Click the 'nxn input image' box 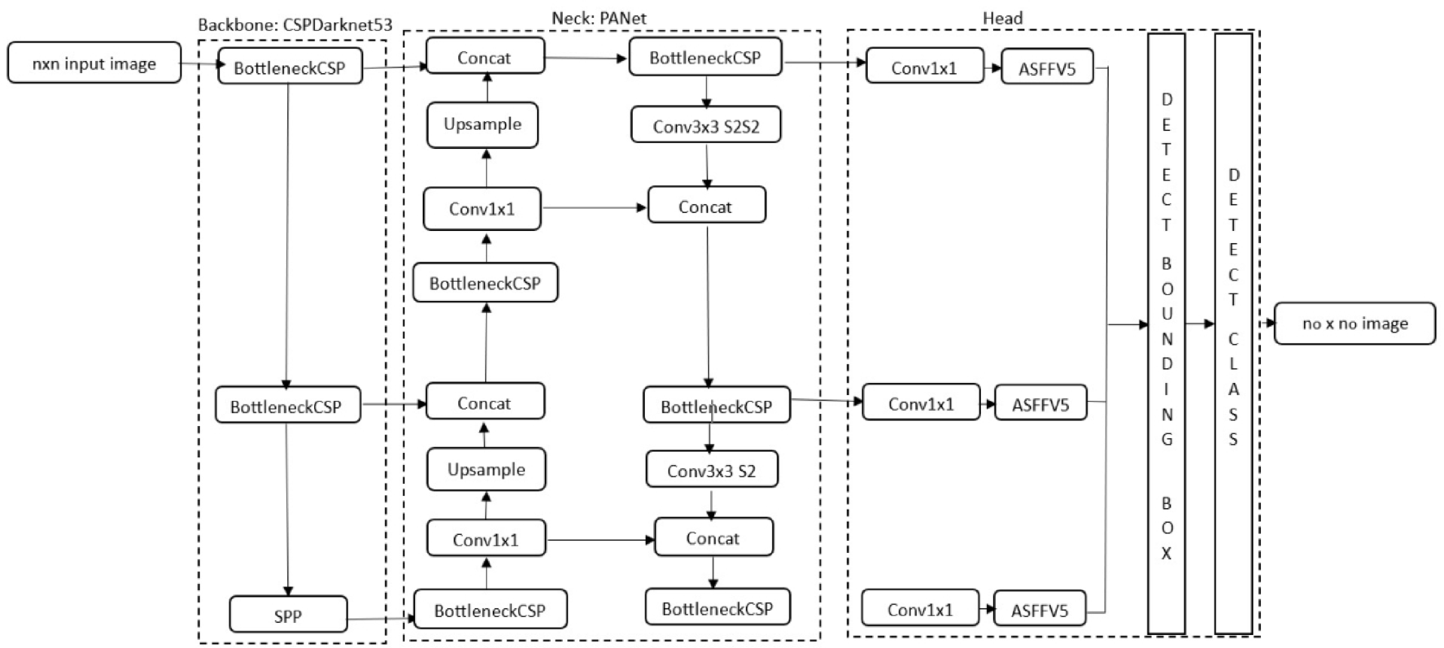[x=94, y=63]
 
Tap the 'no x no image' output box [x=1354, y=324]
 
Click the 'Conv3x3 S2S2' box [x=705, y=126]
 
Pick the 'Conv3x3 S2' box [x=711, y=470]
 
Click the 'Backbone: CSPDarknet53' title [x=294, y=24]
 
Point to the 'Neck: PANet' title [x=599, y=17]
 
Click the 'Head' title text [x=1002, y=18]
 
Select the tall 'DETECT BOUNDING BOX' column [x=1166, y=333]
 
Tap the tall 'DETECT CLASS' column [x=1232, y=333]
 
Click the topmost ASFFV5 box [x=1046, y=68]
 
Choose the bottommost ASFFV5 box [x=1039, y=610]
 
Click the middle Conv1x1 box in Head [x=921, y=403]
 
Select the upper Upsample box [x=482, y=124]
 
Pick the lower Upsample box [x=486, y=469]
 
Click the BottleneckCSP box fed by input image [x=290, y=67]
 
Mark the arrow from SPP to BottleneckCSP [x=381, y=619]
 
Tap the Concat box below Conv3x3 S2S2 [x=705, y=207]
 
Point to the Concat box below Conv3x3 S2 [x=713, y=538]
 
